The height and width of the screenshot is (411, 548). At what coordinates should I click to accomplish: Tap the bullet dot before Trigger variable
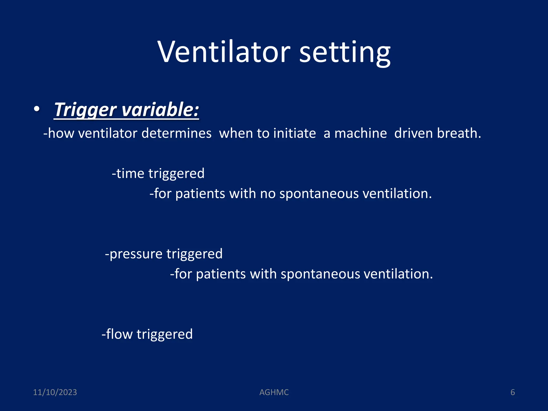[x=37, y=109]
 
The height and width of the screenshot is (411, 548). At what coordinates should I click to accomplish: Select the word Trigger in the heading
[x=85, y=110]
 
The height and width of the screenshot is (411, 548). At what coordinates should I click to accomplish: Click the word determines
[x=176, y=133]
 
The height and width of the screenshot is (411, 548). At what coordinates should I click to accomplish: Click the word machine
[x=360, y=133]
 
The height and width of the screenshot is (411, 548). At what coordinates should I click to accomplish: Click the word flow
[x=119, y=334]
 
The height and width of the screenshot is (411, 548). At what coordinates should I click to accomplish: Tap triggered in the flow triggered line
[x=165, y=334]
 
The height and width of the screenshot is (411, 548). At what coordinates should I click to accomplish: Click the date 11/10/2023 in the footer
[x=55, y=392]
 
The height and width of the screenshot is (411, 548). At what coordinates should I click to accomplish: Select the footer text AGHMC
[x=274, y=392]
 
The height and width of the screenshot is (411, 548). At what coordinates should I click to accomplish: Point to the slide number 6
[x=512, y=392]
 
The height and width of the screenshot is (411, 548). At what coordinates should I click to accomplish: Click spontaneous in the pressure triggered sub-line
[x=320, y=274]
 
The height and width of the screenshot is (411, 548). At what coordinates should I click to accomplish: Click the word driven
[x=413, y=133]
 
